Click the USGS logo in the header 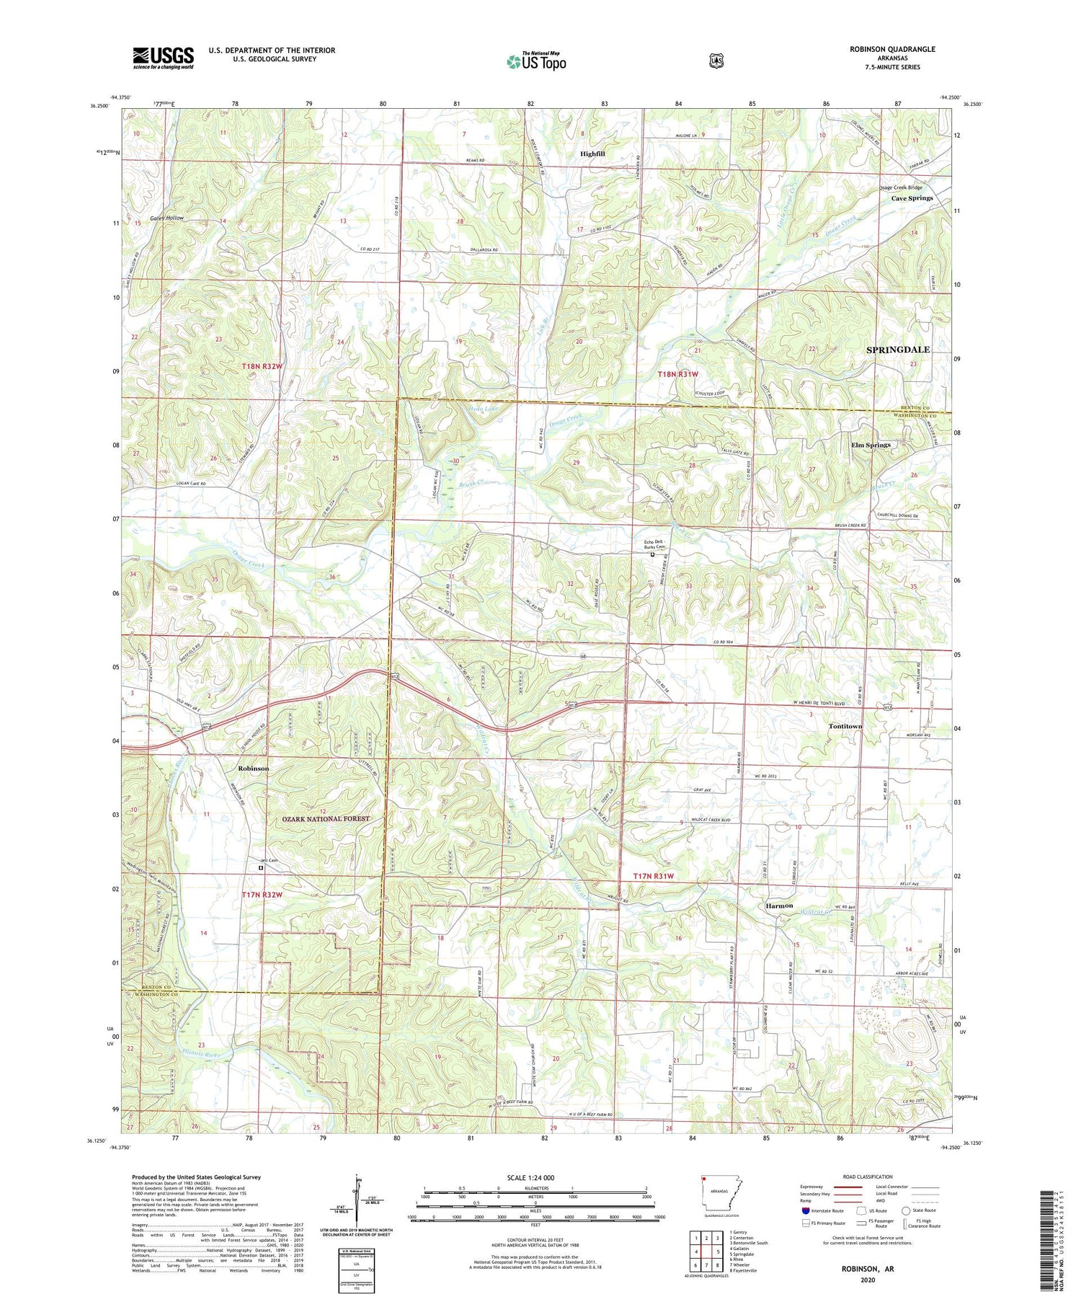pyautogui.click(x=163, y=58)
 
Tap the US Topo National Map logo pyautogui.click(x=536, y=61)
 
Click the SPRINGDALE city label pyautogui.click(x=897, y=350)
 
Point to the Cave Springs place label pyautogui.click(x=912, y=198)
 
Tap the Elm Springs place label pyautogui.click(x=871, y=446)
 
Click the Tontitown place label pyautogui.click(x=845, y=726)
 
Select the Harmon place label pyautogui.click(x=779, y=905)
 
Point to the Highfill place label pyautogui.click(x=597, y=154)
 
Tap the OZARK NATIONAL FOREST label pyautogui.click(x=326, y=819)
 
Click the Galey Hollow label pyautogui.click(x=166, y=218)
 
